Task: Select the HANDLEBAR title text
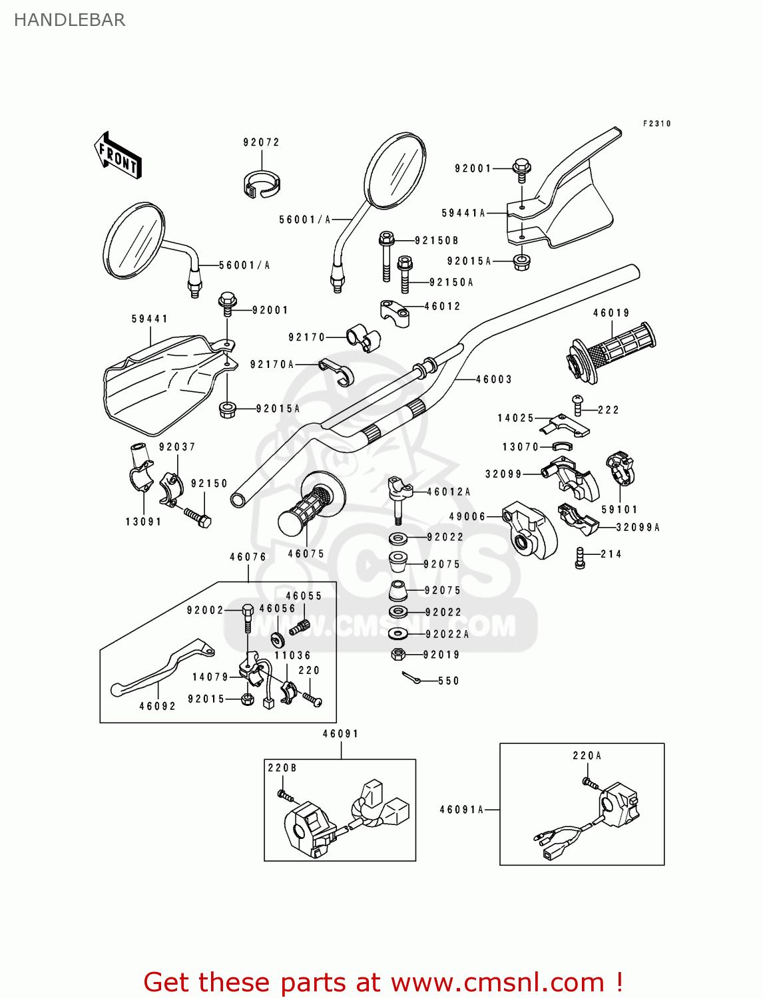69,20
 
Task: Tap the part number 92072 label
261,142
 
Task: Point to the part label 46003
494,379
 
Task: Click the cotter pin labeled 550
411,678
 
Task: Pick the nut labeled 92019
398,655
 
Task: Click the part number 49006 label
467,516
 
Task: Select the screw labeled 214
580,558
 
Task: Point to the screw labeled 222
577,405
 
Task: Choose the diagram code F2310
656,124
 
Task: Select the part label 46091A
461,810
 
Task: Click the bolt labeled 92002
247,619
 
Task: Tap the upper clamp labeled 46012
395,312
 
